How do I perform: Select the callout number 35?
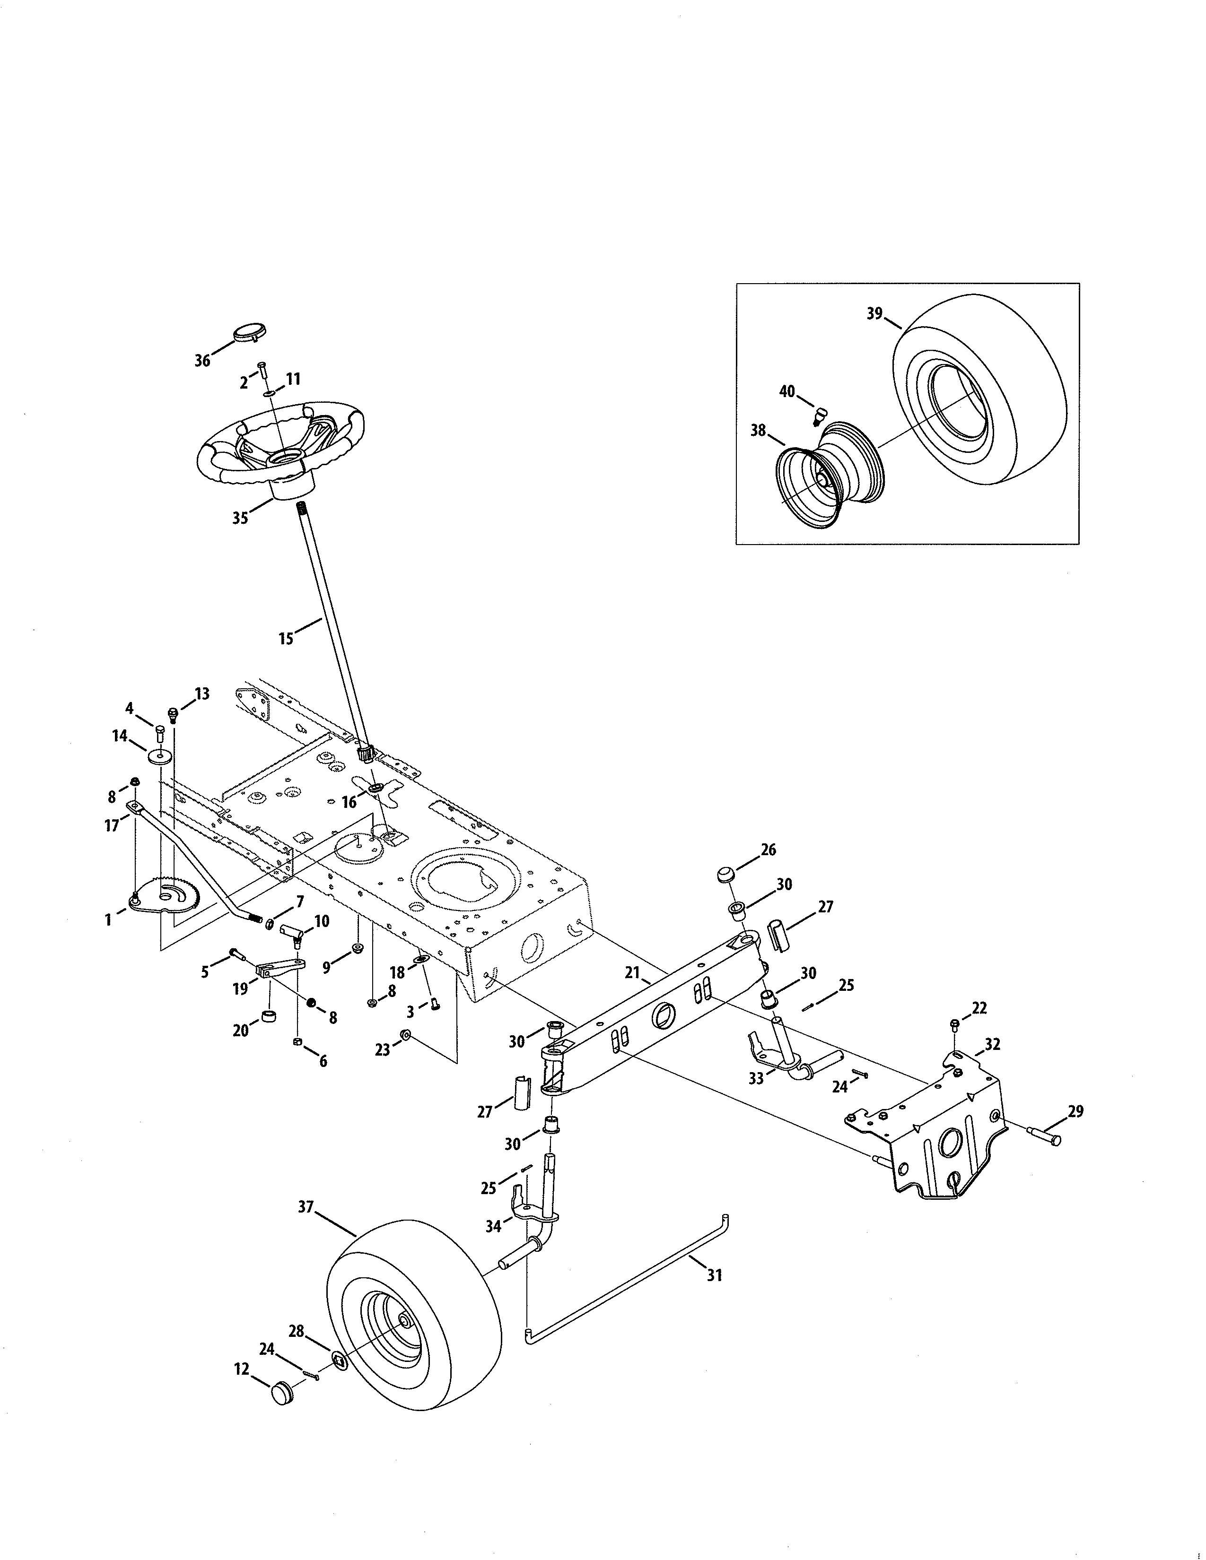[240, 518]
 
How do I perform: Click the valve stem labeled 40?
[820, 414]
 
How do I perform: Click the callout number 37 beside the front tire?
[306, 1207]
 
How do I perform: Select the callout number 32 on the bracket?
[992, 1044]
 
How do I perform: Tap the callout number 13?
[202, 693]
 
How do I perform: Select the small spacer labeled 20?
[270, 1016]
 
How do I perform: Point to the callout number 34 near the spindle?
[493, 1226]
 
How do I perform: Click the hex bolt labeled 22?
[955, 1024]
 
